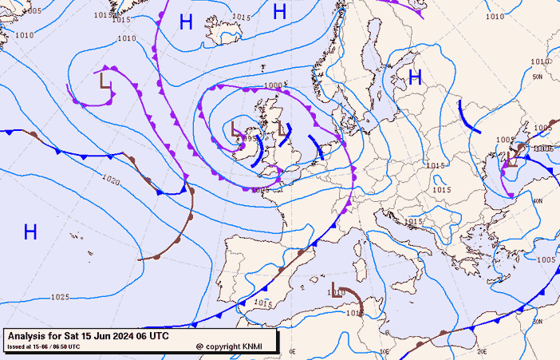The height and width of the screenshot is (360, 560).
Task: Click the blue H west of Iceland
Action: tap(186, 22)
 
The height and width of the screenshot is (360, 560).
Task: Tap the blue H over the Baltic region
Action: tap(415, 77)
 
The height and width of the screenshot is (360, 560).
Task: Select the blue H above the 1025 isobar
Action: tap(30, 232)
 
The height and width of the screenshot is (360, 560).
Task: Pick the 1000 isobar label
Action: tap(273, 85)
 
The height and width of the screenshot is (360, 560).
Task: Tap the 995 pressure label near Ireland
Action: tap(250, 138)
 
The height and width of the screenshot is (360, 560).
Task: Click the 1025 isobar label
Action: tap(59, 297)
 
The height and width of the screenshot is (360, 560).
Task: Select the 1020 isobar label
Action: tap(111, 181)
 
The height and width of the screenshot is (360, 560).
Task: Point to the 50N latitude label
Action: tap(537, 77)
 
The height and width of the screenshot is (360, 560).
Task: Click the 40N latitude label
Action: tap(538, 200)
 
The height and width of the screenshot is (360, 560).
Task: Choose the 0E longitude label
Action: tap(292, 351)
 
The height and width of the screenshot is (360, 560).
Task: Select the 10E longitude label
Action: tap(385, 351)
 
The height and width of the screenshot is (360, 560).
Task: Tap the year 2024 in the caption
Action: tap(109, 336)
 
